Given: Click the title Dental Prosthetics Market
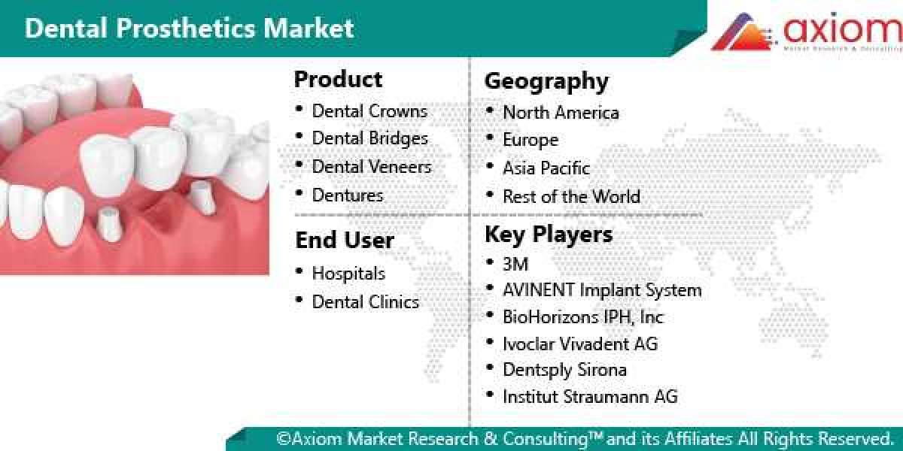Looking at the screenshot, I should point(189,28).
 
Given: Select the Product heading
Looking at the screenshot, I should point(338,79).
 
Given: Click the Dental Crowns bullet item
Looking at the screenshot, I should point(369,111).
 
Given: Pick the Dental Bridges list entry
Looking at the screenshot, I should point(369,138).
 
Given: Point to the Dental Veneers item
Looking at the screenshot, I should point(372,166).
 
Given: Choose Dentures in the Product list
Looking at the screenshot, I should point(348,195).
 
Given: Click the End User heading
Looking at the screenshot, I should point(345,240).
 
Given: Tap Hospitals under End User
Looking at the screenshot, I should point(348,274).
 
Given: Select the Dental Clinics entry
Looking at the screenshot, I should point(365,301).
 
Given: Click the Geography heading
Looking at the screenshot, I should point(546,80).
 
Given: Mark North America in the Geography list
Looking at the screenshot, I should point(561,113).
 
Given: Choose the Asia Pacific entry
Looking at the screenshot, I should point(546,168).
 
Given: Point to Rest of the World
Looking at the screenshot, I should point(571,196).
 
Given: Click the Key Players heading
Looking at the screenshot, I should point(549,234).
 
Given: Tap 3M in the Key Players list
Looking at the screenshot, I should point(515,263).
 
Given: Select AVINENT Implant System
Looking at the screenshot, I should point(602,289).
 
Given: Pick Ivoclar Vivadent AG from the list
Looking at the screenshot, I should point(580,344).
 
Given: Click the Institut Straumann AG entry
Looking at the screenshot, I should point(590,396).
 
